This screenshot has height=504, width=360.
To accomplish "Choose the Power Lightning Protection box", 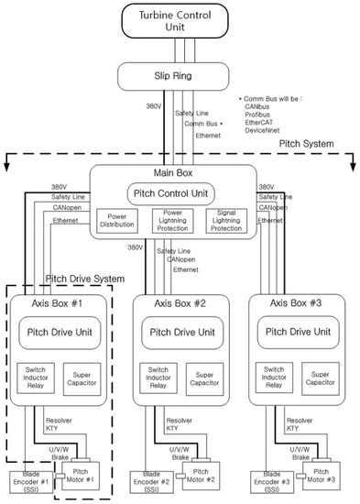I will coord(180,221).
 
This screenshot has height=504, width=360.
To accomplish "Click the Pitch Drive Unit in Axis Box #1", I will coord(62,332).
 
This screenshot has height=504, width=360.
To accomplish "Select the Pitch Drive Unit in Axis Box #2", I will coord(183,332).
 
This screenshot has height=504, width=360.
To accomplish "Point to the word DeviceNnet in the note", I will coord(272,131).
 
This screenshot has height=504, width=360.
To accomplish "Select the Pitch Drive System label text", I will coord(83,277).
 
